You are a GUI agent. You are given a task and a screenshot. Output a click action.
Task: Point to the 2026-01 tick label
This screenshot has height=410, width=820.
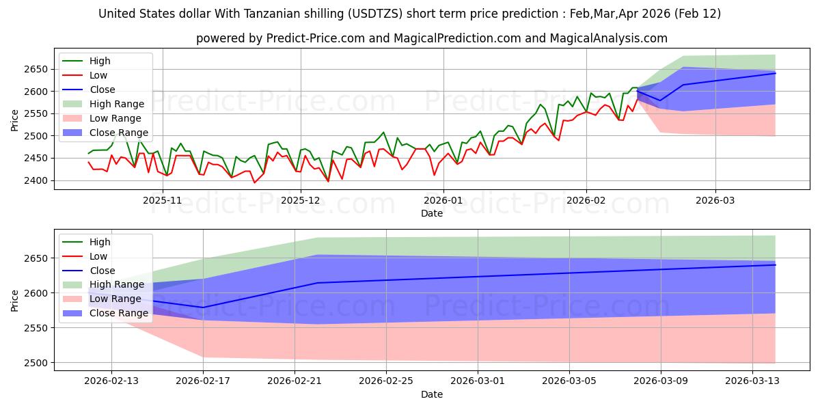point(443,200)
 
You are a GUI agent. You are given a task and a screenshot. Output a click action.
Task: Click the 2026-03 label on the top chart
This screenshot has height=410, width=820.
point(715,200)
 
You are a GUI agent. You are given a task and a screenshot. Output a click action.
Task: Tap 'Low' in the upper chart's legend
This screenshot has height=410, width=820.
point(99,75)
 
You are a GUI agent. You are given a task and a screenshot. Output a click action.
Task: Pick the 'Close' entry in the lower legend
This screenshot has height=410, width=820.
point(102,271)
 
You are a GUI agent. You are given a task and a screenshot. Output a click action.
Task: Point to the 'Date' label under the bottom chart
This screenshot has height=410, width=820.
point(431,394)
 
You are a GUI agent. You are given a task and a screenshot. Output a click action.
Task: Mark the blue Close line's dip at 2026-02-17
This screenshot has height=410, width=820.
point(203,307)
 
